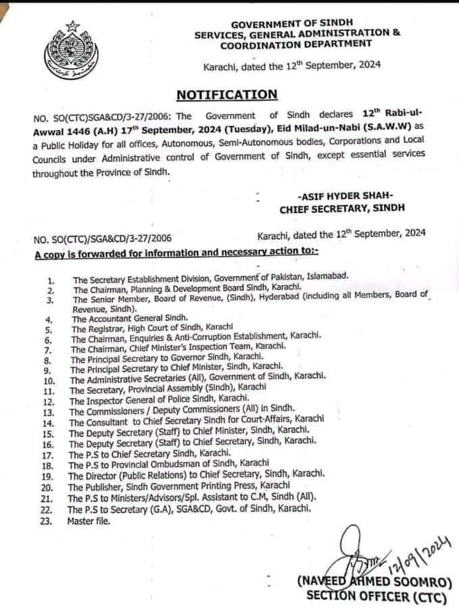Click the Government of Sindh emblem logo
(x=67, y=48)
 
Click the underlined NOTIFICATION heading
(x=226, y=95)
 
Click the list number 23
(x=47, y=522)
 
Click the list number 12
(x=47, y=401)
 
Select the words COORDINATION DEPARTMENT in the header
(x=296, y=43)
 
